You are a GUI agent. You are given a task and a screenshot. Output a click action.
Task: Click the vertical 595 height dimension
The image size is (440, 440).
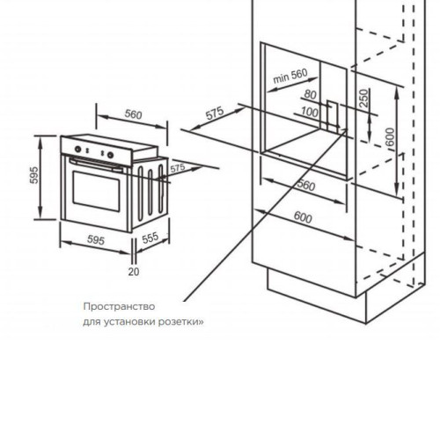tap(34, 175)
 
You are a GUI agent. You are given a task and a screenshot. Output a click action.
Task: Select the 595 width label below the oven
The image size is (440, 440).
tap(96, 240)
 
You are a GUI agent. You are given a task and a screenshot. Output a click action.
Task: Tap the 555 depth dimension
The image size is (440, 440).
tap(150, 238)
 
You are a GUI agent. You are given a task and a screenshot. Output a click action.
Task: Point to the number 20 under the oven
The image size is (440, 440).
tap(134, 272)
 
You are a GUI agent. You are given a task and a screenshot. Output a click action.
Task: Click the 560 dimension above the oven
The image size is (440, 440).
tap(133, 114)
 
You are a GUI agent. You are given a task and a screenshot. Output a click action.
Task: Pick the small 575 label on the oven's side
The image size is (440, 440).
tap(178, 168)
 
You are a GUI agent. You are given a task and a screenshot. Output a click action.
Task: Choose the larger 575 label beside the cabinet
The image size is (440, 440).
tap(215, 114)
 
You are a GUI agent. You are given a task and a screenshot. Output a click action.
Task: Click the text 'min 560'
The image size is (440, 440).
tap(290, 76)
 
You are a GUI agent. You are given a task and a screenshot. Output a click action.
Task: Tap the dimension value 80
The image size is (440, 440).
tap(311, 95)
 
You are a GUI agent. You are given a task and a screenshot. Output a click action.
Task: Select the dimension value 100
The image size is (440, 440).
tap(310, 112)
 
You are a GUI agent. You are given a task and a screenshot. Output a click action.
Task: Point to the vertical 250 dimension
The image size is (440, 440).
tap(363, 98)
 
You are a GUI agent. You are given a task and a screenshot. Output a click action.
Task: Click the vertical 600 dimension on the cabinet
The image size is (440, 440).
tap(391, 137)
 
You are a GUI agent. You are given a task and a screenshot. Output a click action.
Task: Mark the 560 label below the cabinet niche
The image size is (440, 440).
tap(306, 185)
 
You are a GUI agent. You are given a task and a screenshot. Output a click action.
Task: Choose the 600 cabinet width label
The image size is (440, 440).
tap(303, 217)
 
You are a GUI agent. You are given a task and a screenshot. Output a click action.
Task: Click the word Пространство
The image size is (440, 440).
tap(119, 307)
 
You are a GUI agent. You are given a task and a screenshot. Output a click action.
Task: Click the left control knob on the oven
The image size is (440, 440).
tap(77, 149)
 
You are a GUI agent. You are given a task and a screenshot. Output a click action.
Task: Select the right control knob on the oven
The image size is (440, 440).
tap(111, 155)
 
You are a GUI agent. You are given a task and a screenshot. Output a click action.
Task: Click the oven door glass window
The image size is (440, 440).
tap(97, 191)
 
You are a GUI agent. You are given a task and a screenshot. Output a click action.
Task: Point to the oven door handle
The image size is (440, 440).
tap(96, 165)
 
